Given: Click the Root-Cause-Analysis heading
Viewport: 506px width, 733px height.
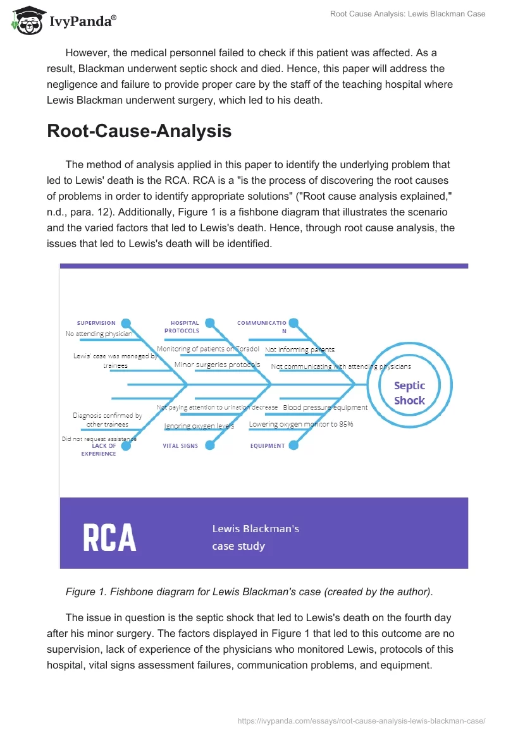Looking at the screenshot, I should (139, 131).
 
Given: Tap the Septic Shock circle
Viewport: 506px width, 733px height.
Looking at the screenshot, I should (409, 392).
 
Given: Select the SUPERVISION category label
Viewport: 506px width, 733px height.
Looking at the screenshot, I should (96, 323).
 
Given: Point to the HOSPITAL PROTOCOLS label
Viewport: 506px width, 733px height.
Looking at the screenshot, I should (182, 327).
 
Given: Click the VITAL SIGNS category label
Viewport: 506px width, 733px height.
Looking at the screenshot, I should (181, 445).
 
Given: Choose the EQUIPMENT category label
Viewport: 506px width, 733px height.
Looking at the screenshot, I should (267, 445).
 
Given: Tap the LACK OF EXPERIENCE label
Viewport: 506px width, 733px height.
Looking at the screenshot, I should (99, 449).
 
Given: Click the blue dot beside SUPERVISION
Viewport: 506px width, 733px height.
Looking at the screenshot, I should (126, 323).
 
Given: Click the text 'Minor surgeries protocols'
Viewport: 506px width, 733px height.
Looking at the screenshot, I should (217, 365).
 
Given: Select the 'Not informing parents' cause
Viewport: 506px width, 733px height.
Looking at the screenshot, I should (300, 349).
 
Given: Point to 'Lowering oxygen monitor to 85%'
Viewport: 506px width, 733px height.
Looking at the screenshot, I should (301, 424).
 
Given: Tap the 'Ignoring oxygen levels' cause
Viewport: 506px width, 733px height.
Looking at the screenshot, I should (199, 426).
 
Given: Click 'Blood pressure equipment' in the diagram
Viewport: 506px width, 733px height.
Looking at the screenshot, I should (325, 408).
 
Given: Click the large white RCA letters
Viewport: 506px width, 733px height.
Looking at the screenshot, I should (109, 537).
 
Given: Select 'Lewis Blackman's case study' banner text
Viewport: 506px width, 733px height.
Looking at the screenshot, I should (256, 537).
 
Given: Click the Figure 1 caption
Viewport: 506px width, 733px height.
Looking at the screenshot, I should (250, 592).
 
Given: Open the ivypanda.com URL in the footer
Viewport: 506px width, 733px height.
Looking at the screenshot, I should (361, 720).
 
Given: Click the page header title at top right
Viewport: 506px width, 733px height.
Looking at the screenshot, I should (407, 14).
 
